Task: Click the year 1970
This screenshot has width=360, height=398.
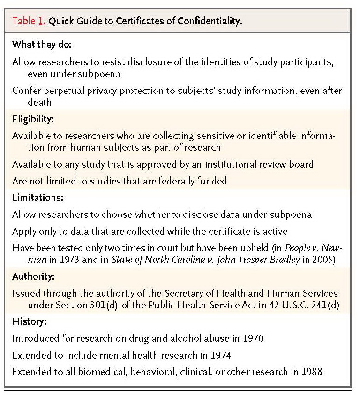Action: click(x=254, y=339)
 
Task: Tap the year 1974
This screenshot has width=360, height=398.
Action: click(x=222, y=355)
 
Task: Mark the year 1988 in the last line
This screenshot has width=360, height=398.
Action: click(x=313, y=372)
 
